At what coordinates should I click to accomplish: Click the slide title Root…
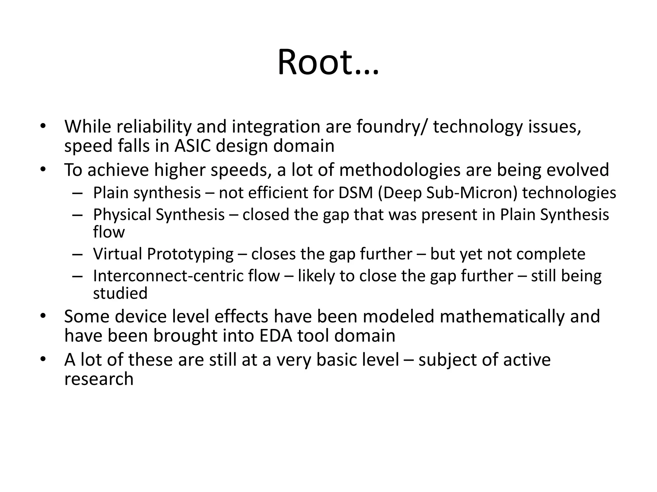328,62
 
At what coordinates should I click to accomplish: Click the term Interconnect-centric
186,276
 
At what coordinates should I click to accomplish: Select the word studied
120,293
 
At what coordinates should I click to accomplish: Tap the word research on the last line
99,379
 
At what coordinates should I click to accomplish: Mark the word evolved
577,170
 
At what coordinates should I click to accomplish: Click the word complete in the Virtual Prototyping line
551,254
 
